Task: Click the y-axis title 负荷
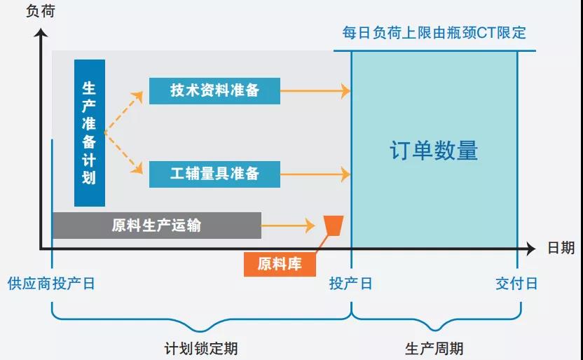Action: point(39,11)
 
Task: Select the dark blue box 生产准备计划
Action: point(90,133)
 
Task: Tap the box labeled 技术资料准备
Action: point(214,90)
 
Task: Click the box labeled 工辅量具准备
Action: point(214,173)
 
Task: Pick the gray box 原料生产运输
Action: point(156,226)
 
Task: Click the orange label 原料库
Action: point(280,264)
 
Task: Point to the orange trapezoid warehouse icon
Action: point(334,226)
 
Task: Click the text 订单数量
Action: point(434,151)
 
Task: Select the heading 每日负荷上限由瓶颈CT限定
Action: point(434,33)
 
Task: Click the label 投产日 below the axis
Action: point(351,284)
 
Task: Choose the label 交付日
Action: point(517,284)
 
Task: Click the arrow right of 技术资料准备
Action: point(315,90)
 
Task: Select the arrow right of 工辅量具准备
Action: point(315,173)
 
